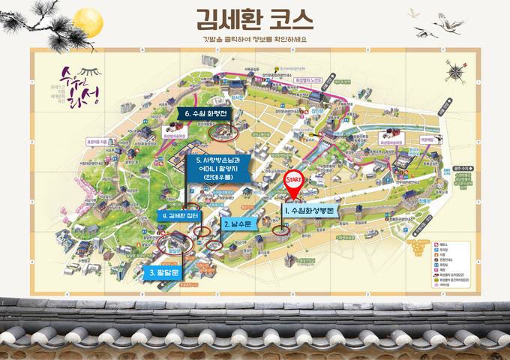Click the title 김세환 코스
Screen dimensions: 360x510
(x=254, y=18)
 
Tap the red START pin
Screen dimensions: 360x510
(x=295, y=183)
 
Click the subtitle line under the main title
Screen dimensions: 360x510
(x=254, y=39)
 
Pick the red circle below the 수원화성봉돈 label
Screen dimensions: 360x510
(x=281, y=227)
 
